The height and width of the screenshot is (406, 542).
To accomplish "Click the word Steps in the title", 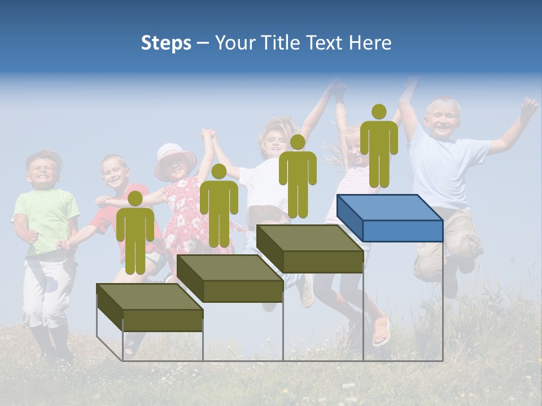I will pyautogui.click(x=166, y=43).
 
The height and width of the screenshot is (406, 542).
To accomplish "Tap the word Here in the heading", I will pyautogui.click(x=370, y=43).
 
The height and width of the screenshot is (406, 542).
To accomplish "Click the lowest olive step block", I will pyautogui.click(x=150, y=307).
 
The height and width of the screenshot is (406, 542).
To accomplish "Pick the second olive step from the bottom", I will pyautogui.click(x=230, y=279).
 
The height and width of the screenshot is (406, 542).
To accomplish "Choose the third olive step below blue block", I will pyautogui.click(x=310, y=249).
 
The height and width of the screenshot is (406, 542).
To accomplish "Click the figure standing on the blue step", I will pyautogui.click(x=379, y=147).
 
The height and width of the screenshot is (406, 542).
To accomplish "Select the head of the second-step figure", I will pyautogui.click(x=218, y=171).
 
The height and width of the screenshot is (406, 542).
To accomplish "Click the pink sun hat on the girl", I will pyautogui.click(x=175, y=156).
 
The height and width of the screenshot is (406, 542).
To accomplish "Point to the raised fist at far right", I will pyautogui.click(x=528, y=105).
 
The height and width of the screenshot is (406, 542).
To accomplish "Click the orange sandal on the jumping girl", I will pyautogui.click(x=382, y=330).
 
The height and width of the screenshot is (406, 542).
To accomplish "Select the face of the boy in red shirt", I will pyautogui.click(x=115, y=171).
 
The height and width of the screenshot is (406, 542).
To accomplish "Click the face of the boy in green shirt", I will pyautogui.click(x=43, y=169).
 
